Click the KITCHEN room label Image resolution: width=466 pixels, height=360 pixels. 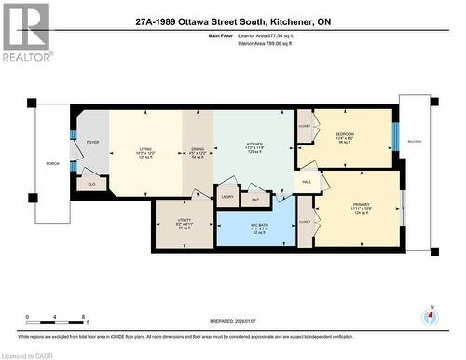[x=255, y=143]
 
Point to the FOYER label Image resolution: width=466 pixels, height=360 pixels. [x=92, y=142]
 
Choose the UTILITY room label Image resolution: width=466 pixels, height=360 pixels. [x=184, y=221]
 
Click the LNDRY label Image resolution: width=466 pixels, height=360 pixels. [x=227, y=197]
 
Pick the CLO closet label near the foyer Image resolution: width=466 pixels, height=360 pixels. [x=91, y=184]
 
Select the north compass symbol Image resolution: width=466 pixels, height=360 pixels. [x=430, y=314]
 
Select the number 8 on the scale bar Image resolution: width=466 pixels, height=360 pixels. [x=85, y=317]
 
